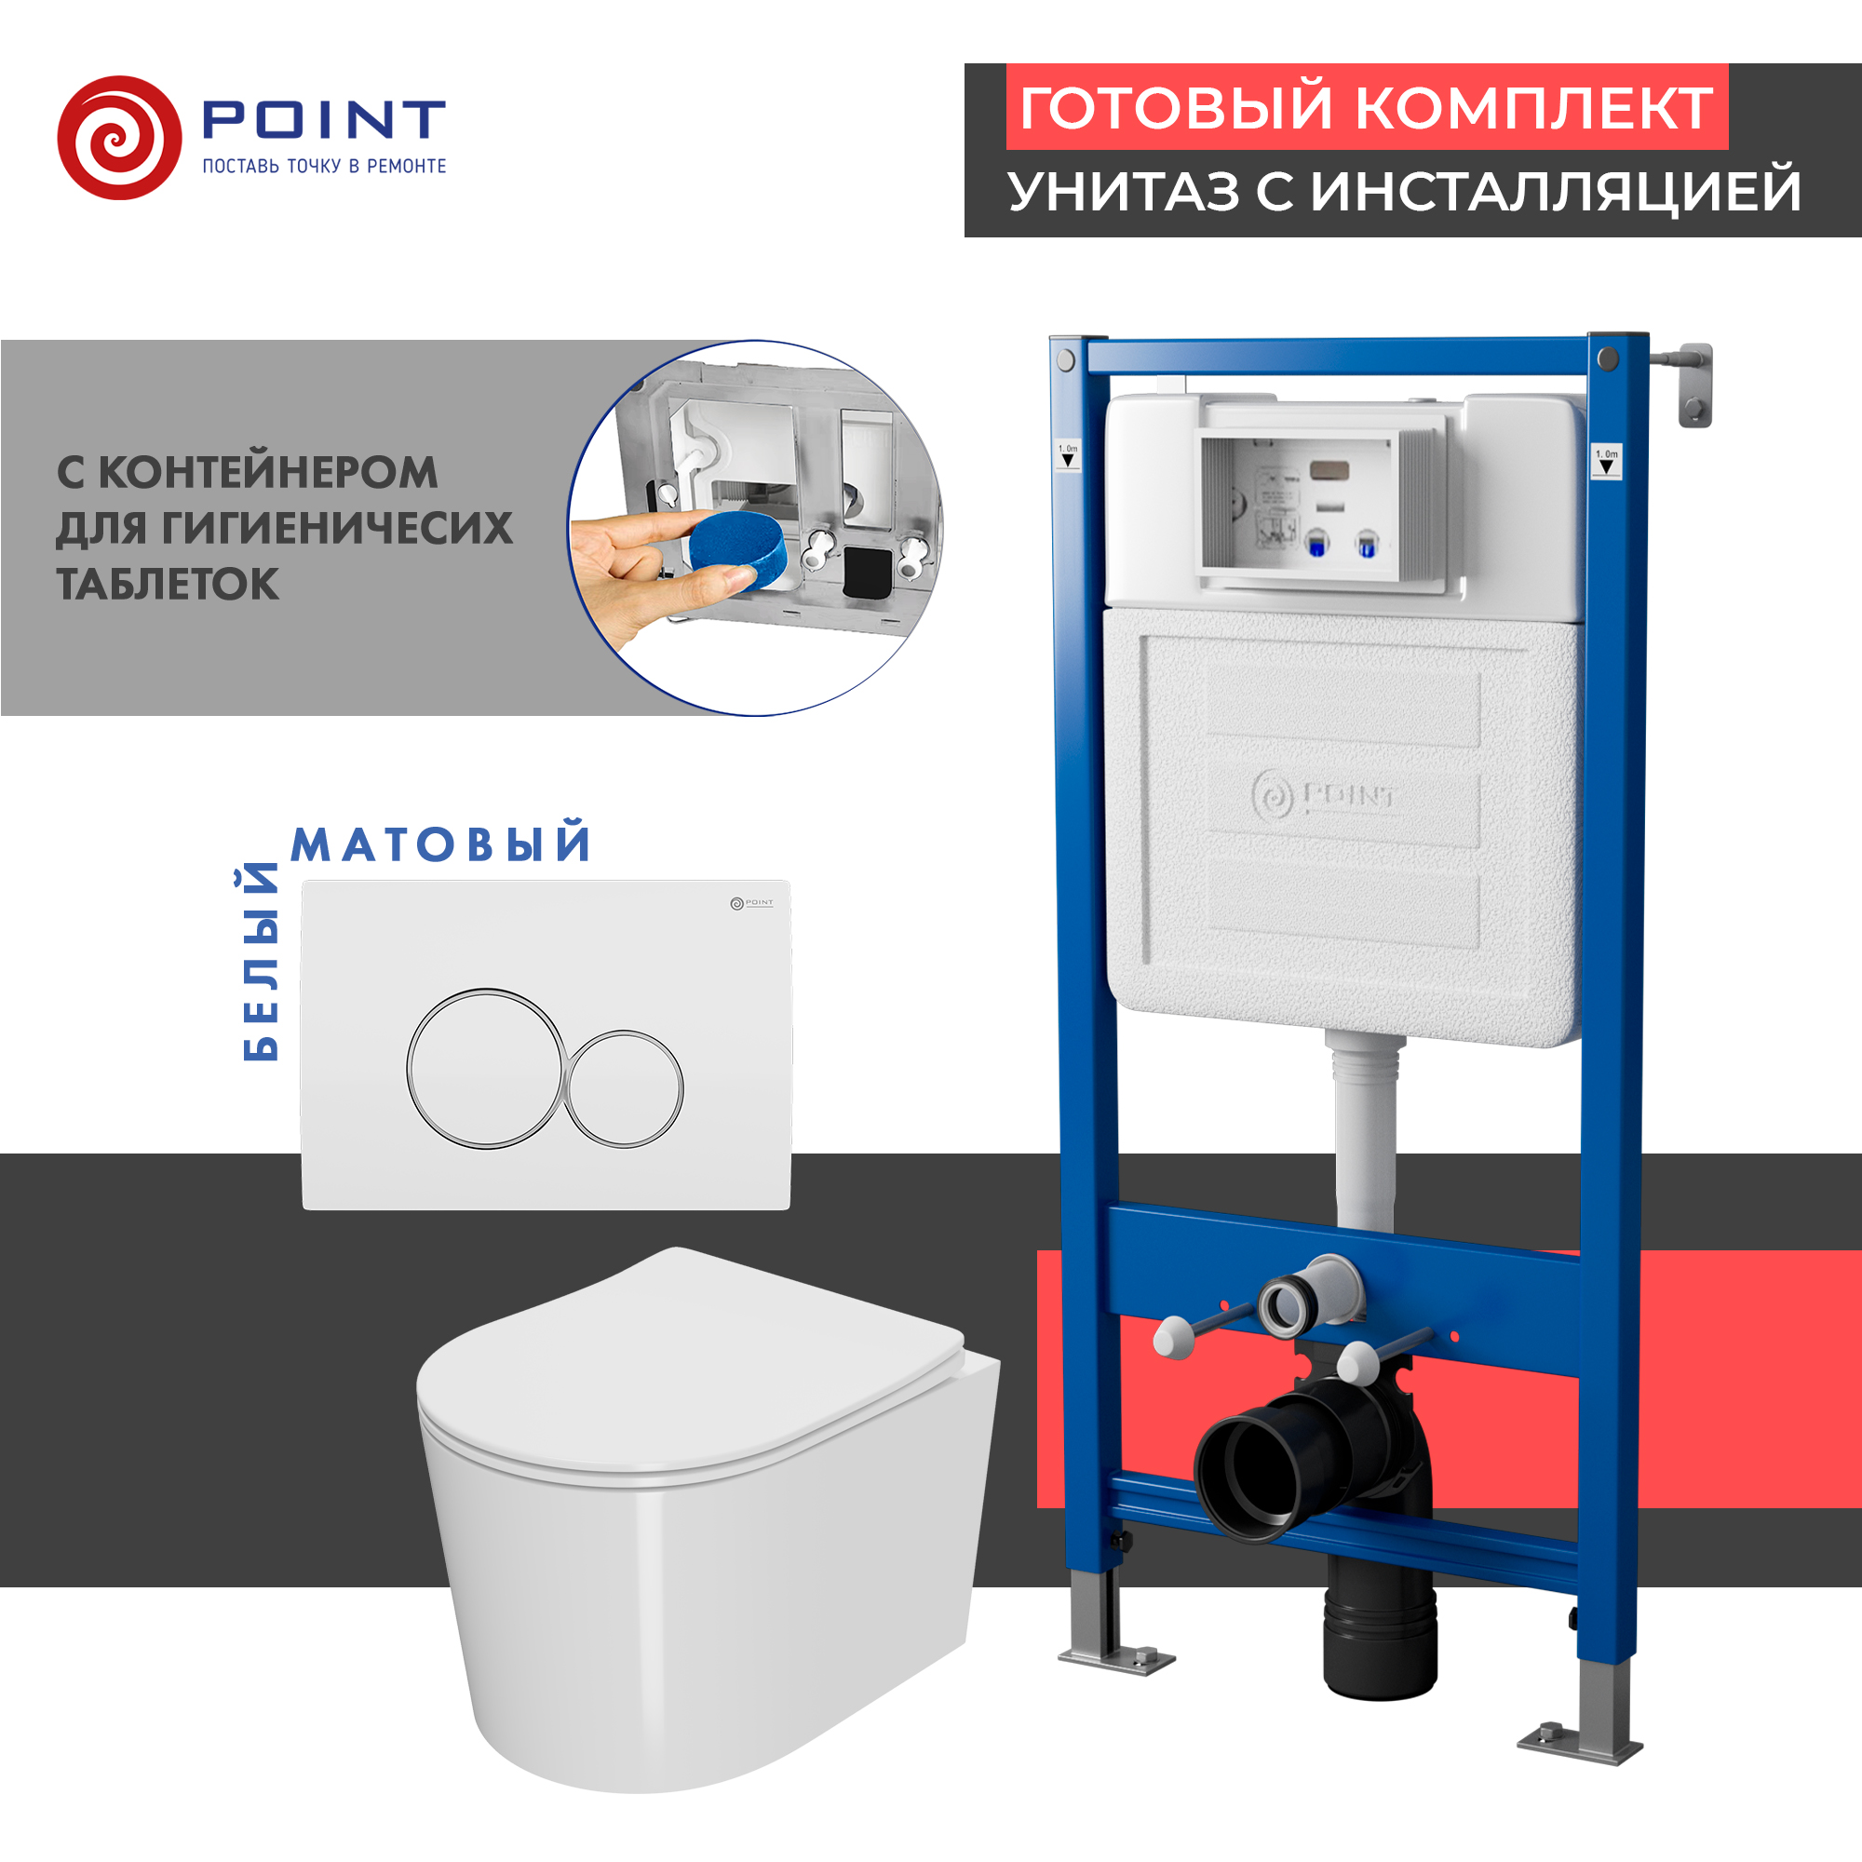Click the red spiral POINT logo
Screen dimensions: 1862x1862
(x=119, y=138)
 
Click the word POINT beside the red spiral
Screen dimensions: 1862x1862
(x=324, y=120)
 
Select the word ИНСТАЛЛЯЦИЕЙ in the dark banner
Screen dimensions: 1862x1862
(x=1556, y=191)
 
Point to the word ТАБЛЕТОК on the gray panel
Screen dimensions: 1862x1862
(x=168, y=584)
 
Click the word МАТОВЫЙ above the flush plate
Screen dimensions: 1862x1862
(x=440, y=844)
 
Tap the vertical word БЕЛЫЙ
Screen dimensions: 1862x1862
(x=261, y=963)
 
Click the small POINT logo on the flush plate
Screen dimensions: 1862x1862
(x=750, y=903)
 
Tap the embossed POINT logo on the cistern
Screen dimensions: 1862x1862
(x=1323, y=796)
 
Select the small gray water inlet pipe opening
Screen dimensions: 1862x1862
(x=1289, y=1308)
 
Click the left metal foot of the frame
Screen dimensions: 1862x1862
(x=1117, y=1655)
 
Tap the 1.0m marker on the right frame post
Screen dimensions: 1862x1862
(x=1606, y=462)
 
